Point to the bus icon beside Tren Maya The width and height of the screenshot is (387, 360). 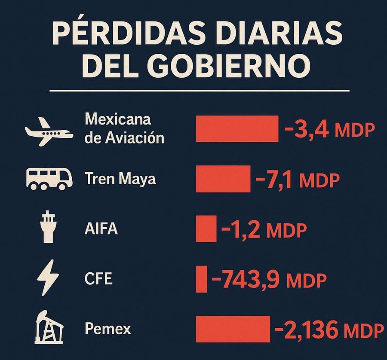47,179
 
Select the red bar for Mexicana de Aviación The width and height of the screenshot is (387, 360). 237,128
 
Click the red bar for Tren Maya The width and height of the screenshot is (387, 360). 223,178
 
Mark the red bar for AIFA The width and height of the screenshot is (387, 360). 206,229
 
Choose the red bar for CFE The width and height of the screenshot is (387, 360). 202,279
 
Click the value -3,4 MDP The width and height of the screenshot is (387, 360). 329,129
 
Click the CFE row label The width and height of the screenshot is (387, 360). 98,279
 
